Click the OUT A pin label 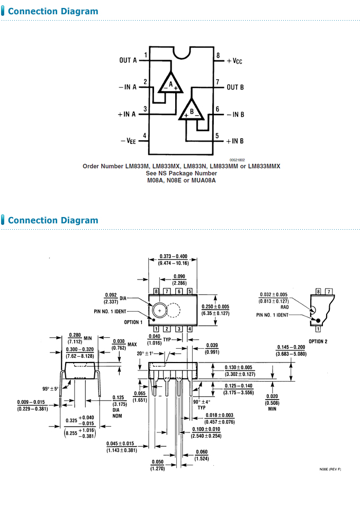click(128, 60)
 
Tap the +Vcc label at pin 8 click(234, 61)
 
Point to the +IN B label click(235, 141)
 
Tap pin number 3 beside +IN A click(145, 109)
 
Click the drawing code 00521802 click(237, 159)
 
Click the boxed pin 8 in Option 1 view click(156, 292)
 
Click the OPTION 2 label click(318, 341)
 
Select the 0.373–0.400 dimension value click(173, 256)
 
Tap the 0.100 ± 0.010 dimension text click(206, 429)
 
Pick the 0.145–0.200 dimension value click(291, 347)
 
